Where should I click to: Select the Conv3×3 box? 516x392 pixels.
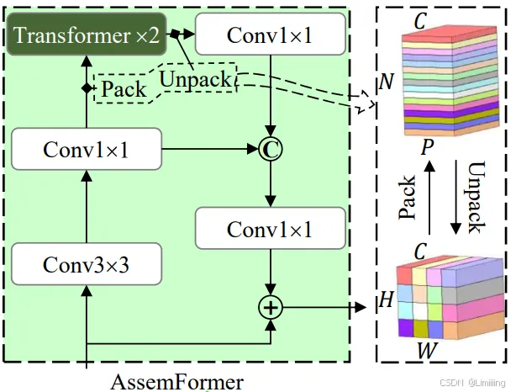coord(87,264)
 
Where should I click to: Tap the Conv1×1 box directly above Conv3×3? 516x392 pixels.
coord(87,150)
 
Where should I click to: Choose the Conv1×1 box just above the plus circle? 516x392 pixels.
coord(271,228)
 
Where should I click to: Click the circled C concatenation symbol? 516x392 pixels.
coord(271,150)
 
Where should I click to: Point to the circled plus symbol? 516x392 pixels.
coord(271,307)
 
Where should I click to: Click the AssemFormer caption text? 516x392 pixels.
coord(176,381)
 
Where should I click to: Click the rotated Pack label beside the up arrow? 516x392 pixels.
coord(407,198)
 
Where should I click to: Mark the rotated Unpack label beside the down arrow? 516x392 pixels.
coord(477,198)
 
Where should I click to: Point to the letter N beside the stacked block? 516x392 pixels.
coord(386,82)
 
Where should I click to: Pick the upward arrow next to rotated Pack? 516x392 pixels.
coord(429,198)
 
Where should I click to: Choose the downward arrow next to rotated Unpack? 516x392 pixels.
coord(454,198)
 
